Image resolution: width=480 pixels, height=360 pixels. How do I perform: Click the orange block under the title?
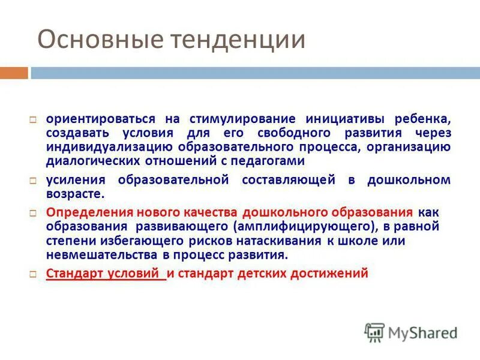(x=14, y=73)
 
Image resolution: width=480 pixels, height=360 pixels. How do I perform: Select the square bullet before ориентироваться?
(x=34, y=119)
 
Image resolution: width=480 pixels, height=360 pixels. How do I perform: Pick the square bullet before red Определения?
(x=34, y=213)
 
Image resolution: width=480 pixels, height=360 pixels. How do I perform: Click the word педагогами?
(x=273, y=161)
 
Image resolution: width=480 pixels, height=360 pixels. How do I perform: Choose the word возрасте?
(x=76, y=194)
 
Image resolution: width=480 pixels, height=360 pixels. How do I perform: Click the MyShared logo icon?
(x=374, y=332)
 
